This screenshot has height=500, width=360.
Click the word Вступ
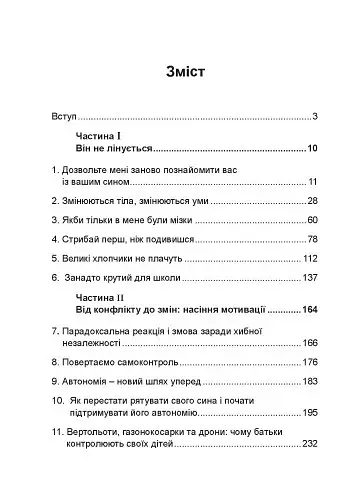coord(63,118)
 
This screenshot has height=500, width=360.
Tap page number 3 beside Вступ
coord(314,118)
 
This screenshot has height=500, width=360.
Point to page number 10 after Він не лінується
coord(311,148)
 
